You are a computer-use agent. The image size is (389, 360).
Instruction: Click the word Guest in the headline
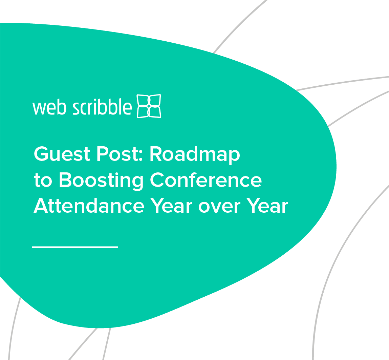coord(62,154)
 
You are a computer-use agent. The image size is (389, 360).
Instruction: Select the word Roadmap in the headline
coord(195,154)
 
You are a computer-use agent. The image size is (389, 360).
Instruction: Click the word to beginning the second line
coord(43,181)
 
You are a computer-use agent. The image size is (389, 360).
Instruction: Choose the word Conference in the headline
coord(206,181)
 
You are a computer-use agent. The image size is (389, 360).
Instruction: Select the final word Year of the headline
coord(267,206)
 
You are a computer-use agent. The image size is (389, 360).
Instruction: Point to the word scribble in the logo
coord(102,107)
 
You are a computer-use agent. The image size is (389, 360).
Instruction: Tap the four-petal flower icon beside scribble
coord(149,106)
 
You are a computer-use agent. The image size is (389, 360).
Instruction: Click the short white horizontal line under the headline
coord(75,247)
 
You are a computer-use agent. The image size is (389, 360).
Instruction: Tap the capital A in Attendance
coord(40,206)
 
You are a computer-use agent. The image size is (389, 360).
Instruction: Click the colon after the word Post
coord(142,156)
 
